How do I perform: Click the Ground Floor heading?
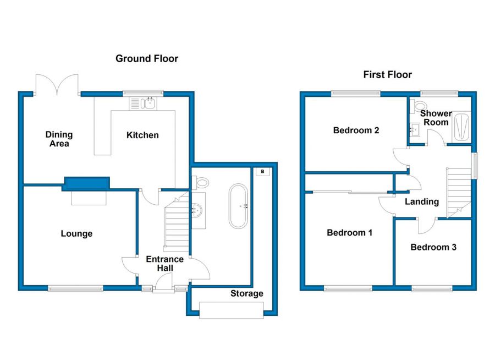(x=147, y=58)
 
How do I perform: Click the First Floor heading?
(x=387, y=75)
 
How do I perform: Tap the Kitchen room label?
(x=142, y=135)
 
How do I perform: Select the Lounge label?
(x=76, y=233)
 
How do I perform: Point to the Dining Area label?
(x=59, y=139)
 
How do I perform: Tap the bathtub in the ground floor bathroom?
(x=238, y=206)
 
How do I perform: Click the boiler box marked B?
(x=263, y=172)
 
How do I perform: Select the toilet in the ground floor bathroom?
(x=200, y=183)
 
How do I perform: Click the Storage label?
(x=247, y=293)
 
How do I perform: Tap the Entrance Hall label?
(x=165, y=264)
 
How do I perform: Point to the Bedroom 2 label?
(x=356, y=130)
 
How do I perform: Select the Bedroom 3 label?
(x=433, y=247)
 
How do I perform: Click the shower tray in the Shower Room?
(x=461, y=127)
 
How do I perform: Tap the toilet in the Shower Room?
(x=419, y=106)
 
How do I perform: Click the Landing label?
(x=422, y=201)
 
